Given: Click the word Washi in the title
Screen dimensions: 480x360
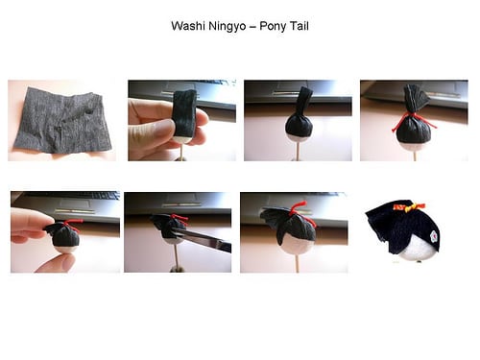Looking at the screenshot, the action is point(188,26).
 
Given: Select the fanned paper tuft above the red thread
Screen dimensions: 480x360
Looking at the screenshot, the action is point(415,98).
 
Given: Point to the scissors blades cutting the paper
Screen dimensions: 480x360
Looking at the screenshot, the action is point(204,238).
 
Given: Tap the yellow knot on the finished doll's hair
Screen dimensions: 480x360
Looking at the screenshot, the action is point(410,208).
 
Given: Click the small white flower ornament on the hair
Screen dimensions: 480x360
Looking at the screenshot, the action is point(434,236).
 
